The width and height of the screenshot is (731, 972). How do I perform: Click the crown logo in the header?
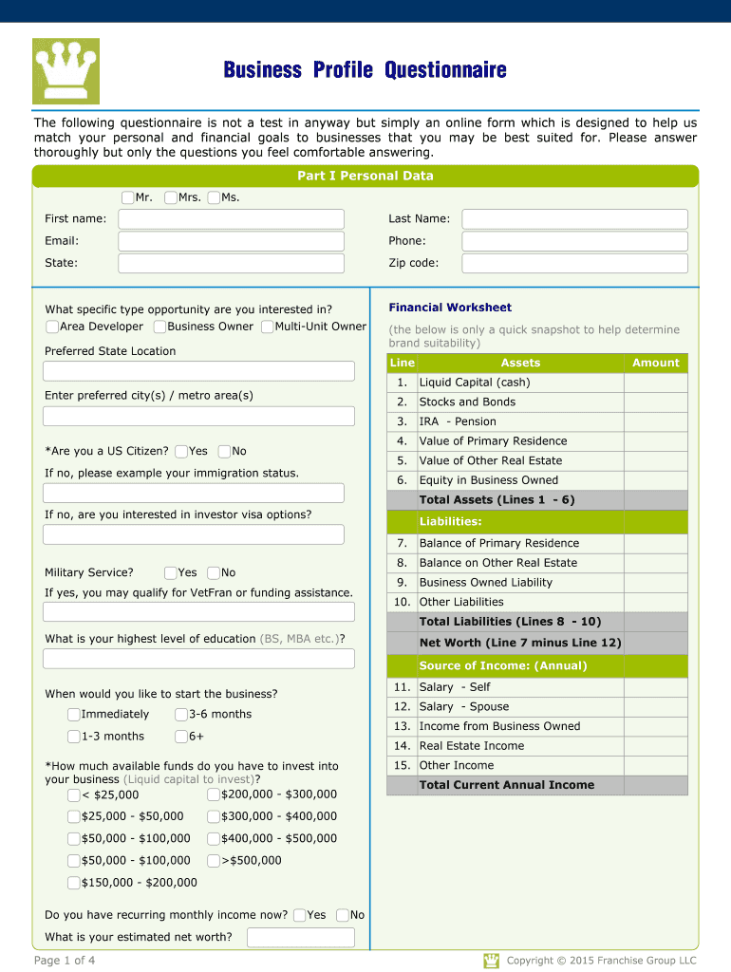point(66,71)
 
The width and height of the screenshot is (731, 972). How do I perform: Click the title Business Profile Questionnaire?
point(365,70)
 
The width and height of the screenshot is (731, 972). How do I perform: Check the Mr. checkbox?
point(128,197)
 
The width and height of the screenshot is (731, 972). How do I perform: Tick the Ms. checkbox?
point(214,197)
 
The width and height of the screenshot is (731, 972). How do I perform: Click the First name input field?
point(231,219)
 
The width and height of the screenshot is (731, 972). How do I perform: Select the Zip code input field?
point(574,264)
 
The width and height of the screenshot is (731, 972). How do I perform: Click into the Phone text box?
point(574,241)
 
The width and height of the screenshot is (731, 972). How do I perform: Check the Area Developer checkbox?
point(52,327)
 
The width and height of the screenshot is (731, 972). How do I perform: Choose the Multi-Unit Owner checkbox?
point(268,327)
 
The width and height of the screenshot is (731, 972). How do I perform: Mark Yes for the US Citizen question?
point(181,452)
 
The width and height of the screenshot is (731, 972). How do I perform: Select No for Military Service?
point(214,573)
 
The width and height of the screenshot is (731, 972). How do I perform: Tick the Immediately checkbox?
point(74,715)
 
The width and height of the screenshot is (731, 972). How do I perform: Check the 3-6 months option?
point(181,715)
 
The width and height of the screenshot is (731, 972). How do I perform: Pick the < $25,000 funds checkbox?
point(74,795)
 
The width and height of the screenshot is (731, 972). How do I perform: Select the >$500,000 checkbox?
point(214,861)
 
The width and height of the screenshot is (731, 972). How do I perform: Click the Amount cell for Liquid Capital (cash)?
point(655,383)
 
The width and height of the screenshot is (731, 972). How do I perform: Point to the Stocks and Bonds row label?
point(467,402)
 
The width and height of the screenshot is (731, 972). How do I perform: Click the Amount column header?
point(655,363)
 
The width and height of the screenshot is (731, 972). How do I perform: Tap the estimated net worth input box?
point(300,938)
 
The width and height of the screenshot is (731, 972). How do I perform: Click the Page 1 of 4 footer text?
point(65,961)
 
